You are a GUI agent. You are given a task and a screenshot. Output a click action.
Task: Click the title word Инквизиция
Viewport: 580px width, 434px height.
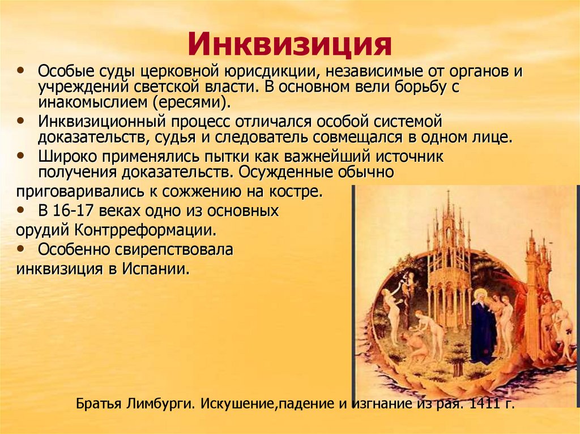point(289,44)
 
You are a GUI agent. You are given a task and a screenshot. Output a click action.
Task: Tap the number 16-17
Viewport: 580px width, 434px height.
point(73,211)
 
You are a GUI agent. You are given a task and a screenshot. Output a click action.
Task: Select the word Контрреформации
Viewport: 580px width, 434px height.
point(146,231)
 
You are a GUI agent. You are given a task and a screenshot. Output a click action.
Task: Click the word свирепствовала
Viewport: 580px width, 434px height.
point(174,250)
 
